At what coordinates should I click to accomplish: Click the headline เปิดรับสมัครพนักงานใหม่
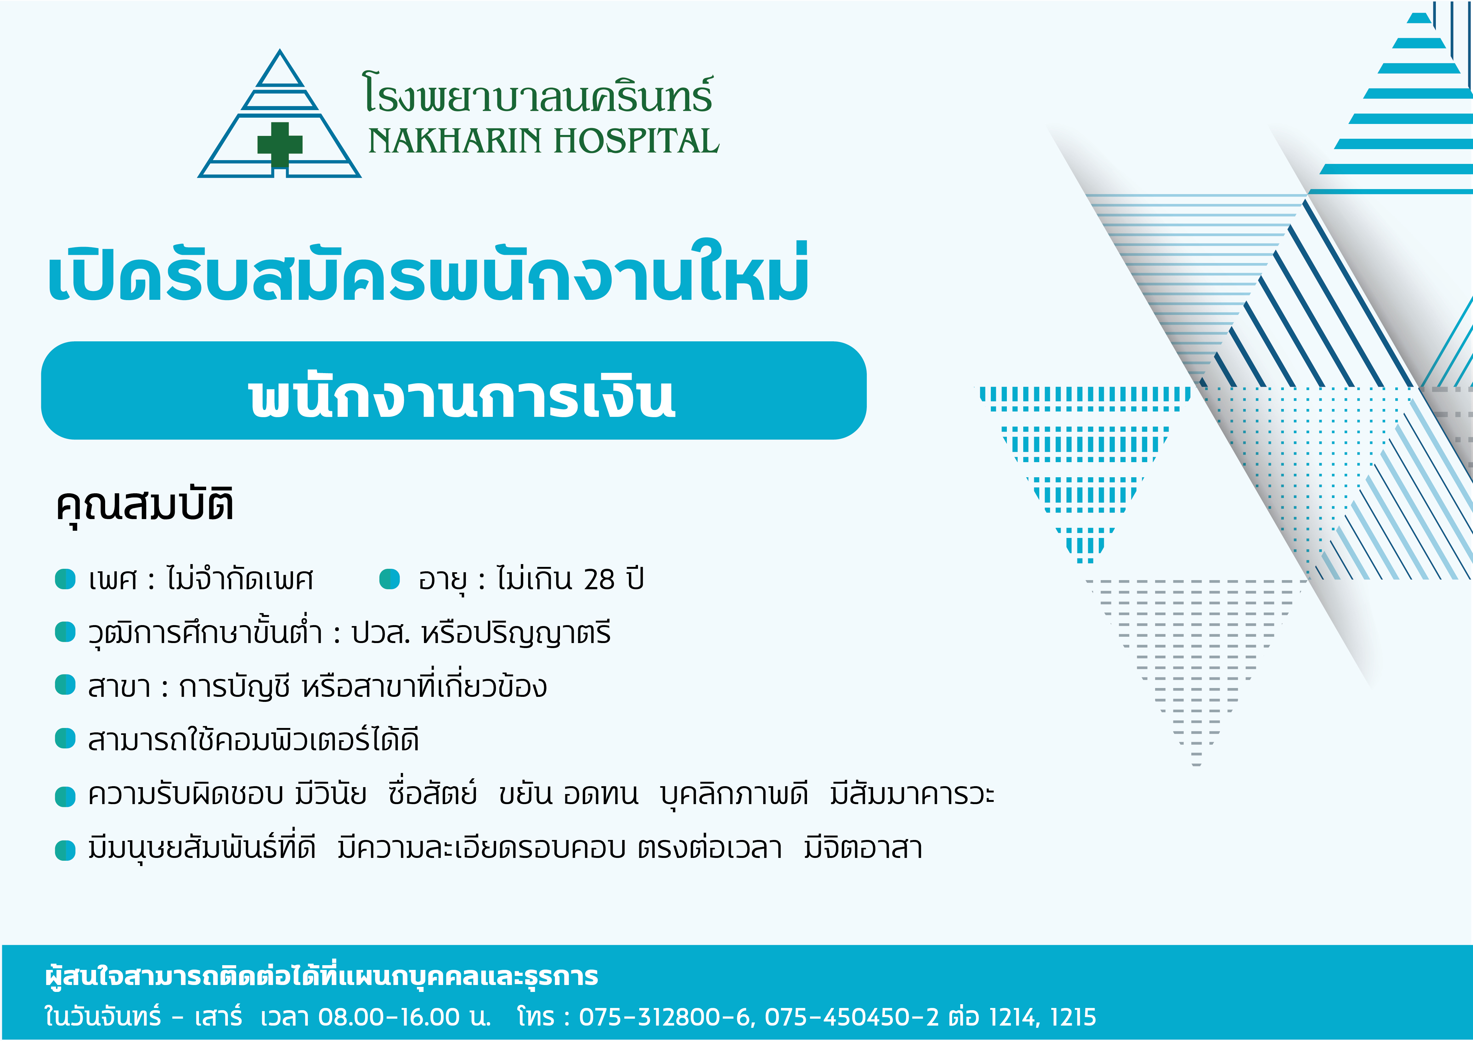click(428, 272)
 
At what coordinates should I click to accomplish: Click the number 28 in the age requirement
click(599, 580)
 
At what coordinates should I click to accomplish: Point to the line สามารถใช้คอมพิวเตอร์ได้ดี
click(253, 740)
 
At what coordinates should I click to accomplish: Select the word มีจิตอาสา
click(863, 848)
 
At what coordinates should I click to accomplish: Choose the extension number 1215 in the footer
click(1073, 1017)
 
